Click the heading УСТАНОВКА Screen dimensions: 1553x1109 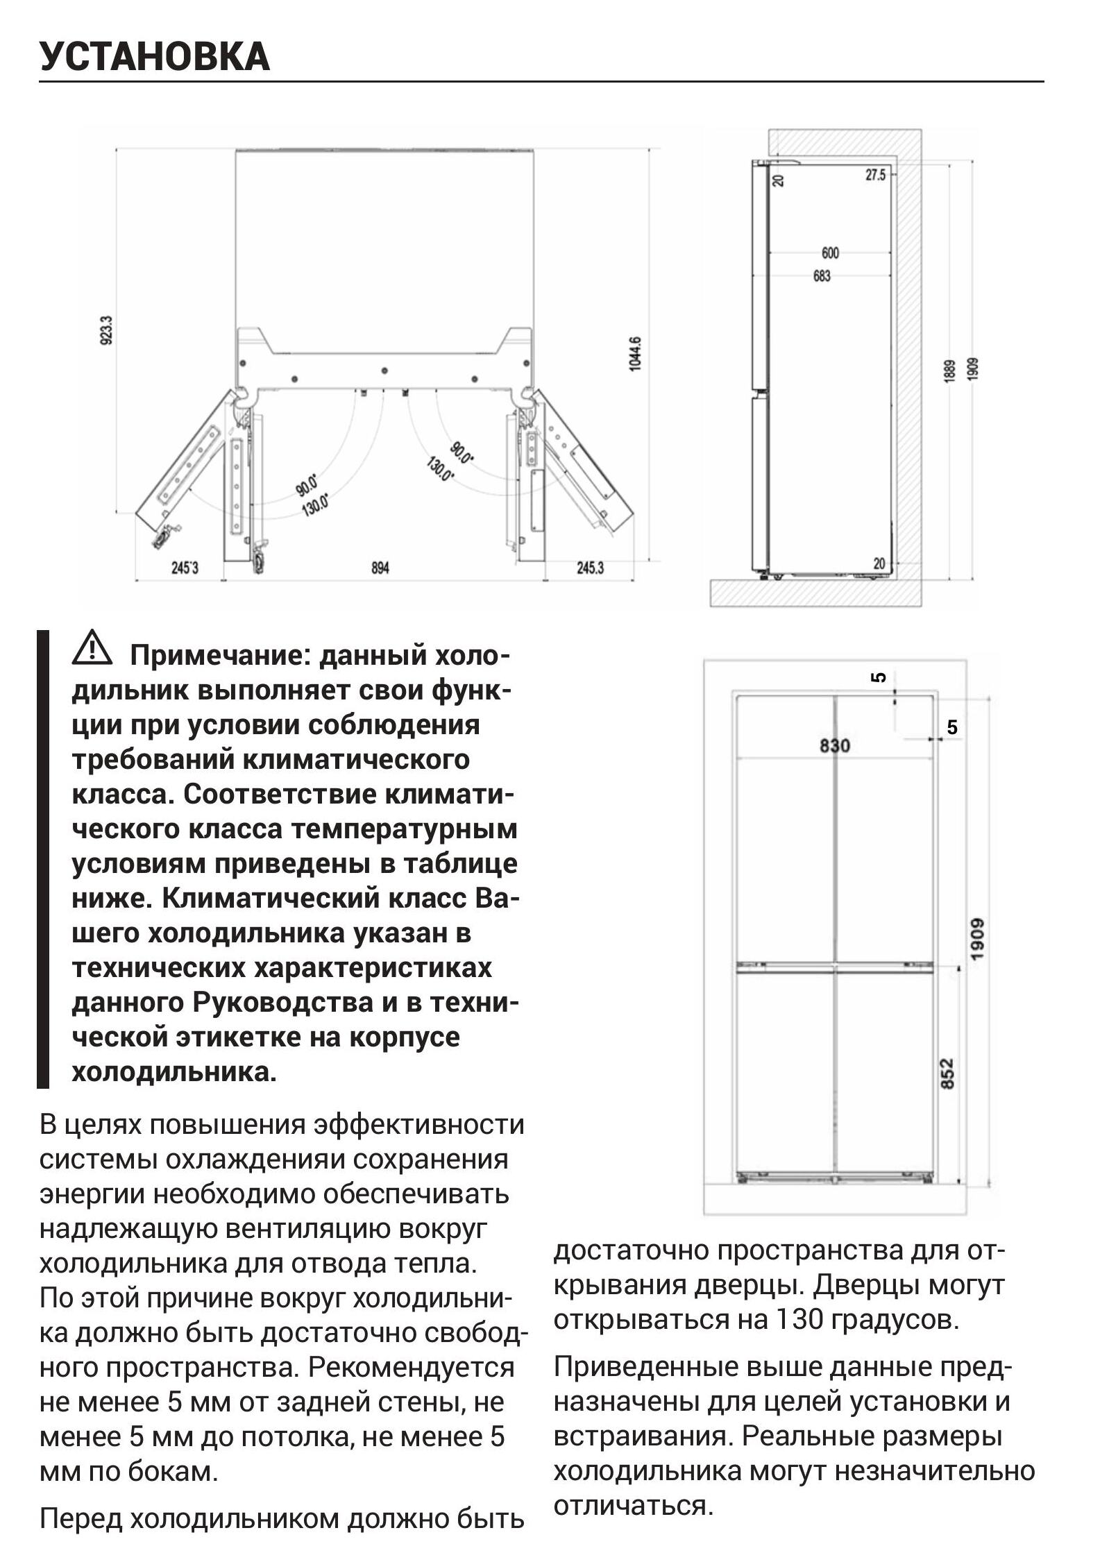154,56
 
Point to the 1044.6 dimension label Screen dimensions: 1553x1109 635,354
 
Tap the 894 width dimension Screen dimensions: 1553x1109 380,568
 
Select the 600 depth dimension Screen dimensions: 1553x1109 830,253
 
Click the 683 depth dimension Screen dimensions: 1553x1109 822,276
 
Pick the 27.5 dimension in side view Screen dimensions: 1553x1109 875,175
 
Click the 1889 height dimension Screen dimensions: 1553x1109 949,370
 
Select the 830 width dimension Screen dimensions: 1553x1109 834,745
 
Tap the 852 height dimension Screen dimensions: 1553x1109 947,1073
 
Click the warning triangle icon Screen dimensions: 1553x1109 92,647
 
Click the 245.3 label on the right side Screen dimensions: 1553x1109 590,568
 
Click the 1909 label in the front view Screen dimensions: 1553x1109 977,940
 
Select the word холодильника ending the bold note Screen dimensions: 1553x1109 173,1071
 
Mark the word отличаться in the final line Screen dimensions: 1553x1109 632,1505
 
